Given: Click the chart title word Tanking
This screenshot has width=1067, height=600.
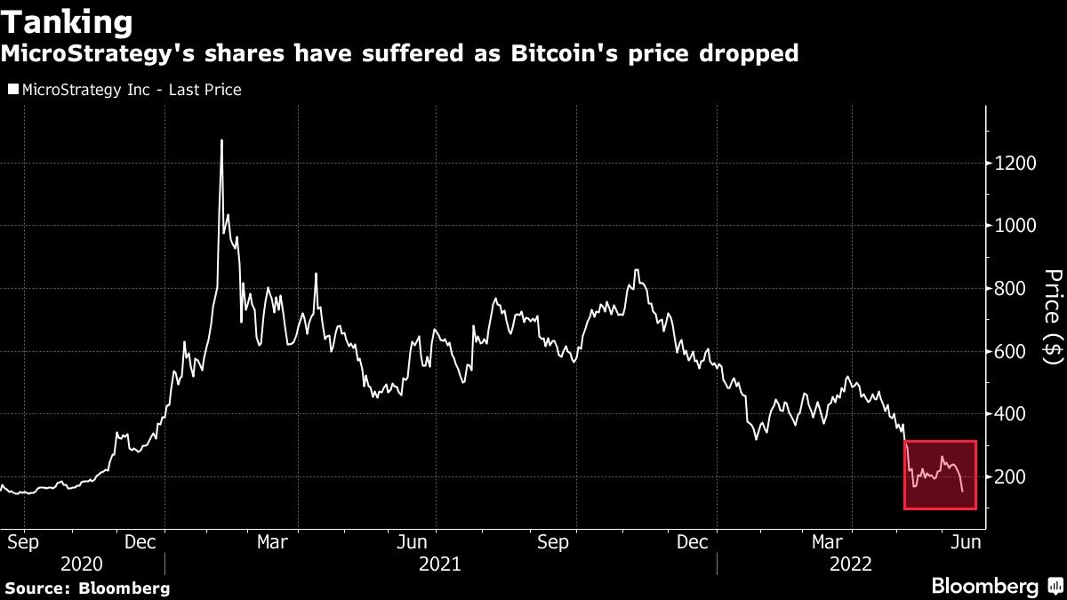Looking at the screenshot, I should pyautogui.click(x=68, y=20).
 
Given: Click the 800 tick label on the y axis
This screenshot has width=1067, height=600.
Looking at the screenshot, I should pyautogui.click(x=1010, y=289).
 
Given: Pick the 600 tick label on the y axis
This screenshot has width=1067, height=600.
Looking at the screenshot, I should pyautogui.click(x=1010, y=352).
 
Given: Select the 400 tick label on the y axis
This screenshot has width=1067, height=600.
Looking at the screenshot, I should pyautogui.click(x=1010, y=414).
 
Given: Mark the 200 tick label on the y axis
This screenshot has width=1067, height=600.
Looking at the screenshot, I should pyautogui.click(x=1010, y=477).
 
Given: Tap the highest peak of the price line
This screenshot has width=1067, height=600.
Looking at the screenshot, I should pyautogui.click(x=221, y=140).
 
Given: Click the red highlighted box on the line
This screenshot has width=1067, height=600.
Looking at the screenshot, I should pyautogui.click(x=941, y=475).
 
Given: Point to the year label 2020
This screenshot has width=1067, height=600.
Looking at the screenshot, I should pyautogui.click(x=81, y=564).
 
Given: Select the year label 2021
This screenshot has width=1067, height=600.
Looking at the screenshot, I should pyautogui.click(x=439, y=564).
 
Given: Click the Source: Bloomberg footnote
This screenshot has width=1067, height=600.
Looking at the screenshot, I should pyautogui.click(x=87, y=588).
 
